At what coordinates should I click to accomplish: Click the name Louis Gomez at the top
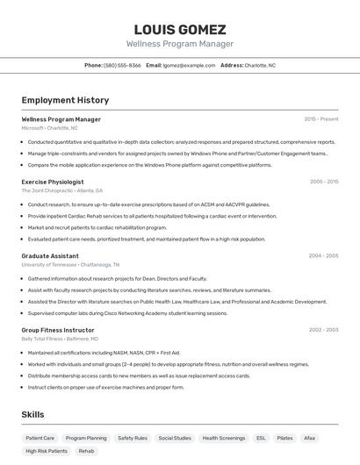(x=180, y=29)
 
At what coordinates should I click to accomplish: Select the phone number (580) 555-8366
(x=122, y=65)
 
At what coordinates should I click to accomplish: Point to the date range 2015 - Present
(x=321, y=119)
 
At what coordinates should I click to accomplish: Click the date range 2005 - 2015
(x=323, y=182)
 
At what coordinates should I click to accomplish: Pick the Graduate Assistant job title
(x=50, y=256)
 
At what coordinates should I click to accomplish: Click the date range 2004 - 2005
(x=323, y=256)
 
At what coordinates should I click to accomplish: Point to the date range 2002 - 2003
(x=323, y=330)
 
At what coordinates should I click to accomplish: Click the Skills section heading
(x=33, y=414)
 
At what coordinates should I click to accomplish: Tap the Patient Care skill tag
(x=40, y=437)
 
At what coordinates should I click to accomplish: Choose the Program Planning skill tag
(x=86, y=437)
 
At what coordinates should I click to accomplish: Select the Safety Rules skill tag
(x=133, y=437)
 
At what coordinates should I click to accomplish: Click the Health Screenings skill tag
(x=224, y=437)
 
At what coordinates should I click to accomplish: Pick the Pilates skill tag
(x=284, y=437)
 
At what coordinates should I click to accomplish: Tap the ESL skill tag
(x=261, y=437)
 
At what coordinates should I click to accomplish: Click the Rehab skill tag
(x=86, y=451)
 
